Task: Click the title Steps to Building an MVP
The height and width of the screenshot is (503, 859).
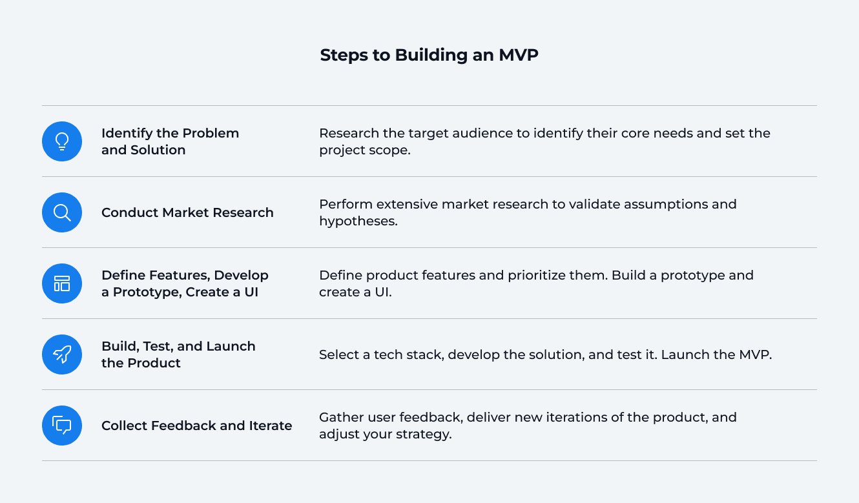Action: pos(429,55)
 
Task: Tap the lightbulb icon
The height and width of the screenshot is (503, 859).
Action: pos(62,141)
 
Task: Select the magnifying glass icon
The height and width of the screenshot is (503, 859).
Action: pos(62,212)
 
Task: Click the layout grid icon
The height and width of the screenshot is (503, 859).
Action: pos(62,283)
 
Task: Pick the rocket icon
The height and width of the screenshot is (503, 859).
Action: pos(62,354)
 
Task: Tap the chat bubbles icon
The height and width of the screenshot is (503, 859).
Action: pos(62,426)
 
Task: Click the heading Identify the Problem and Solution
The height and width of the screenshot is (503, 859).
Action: pos(170,141)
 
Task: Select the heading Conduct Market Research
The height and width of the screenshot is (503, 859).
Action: pos(187,212)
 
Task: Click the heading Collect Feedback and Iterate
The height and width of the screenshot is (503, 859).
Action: pos(196,426)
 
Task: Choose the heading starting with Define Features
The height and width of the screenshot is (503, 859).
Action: pos(185,283)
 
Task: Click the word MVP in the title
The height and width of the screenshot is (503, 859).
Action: pos(518,55)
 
